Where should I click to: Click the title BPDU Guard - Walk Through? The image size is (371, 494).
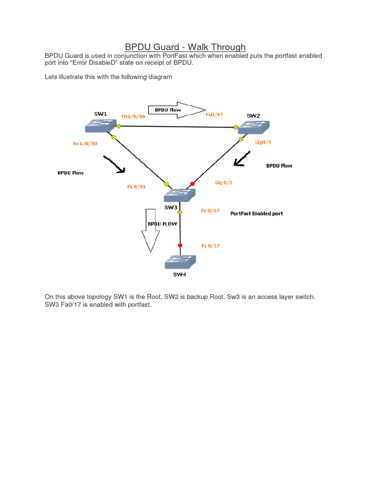point(185,47)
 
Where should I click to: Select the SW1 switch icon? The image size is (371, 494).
point(100,125)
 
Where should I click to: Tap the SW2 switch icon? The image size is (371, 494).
point(254,126)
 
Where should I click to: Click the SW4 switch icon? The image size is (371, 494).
point(181,262)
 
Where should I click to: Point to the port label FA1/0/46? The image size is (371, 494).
point(133,116)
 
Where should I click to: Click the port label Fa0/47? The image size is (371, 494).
point(214,115)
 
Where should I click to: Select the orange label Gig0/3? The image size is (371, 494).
point(263,142)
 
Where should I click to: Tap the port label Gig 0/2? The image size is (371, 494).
point(223,183)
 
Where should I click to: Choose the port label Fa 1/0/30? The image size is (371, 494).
point(85,144)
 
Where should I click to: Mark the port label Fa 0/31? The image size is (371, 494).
point(137,187)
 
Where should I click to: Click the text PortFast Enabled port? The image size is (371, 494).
point(257,213)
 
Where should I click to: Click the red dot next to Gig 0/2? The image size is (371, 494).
point(192,184)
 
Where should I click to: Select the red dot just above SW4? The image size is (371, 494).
point(180,246)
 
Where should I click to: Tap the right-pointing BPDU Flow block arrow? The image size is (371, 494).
point(177,110)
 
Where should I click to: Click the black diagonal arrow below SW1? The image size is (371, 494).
point(114,164)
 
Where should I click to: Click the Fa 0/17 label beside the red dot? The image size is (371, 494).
point(211,246)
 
